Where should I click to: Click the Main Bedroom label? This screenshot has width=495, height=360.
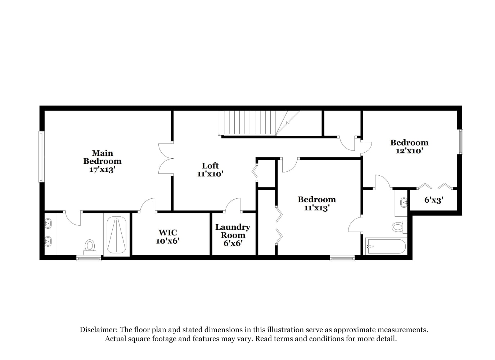(x=102, y=161)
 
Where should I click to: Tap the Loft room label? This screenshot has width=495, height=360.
(x=210, y=166)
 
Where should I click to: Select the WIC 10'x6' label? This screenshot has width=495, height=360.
(x=167, y=237)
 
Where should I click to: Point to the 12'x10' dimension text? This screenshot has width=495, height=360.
(x=409, y=151)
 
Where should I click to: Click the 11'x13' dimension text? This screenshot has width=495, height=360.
(x=317, y=208)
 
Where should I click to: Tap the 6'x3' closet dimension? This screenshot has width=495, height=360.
(x=434, y=200)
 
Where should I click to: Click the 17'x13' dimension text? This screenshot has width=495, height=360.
(x=102, y=170)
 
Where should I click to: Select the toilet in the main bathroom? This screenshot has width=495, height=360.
(x=90, y=248)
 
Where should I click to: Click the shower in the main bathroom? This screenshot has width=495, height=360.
(x=116, y=235)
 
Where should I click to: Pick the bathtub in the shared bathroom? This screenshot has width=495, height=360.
(x=386, y=247)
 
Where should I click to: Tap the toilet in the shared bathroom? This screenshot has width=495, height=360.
(x=400, y=227)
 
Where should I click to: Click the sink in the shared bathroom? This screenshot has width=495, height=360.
(x=404, y=202)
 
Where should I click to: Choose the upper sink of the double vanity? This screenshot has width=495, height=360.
(x=48, y=223)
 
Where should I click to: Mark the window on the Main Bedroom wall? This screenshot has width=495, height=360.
(x=41, y=157)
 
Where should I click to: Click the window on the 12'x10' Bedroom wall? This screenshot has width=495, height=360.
(x=460, y=141)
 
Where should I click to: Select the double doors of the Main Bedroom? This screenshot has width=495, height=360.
(x=166, y=158)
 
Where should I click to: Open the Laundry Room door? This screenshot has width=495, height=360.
(x=233, y=205)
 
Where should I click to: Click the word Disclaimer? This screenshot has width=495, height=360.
(x=98, y=330)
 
